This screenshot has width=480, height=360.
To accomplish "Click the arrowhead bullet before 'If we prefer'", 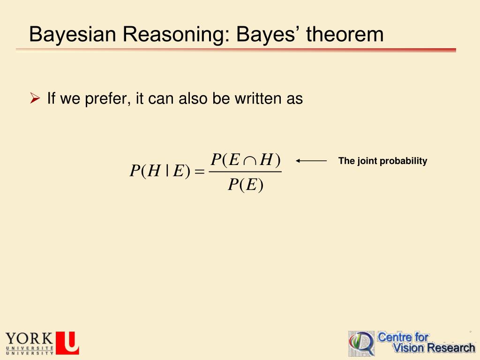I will point(34,98).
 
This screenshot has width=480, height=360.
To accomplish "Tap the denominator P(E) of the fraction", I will point(245,186).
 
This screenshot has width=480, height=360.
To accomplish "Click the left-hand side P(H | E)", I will point(159,172).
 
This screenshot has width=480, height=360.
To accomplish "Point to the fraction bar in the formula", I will point(245,172).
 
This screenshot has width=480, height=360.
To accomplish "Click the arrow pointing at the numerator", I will point(311,161).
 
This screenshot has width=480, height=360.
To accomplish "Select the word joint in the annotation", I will point(367,161).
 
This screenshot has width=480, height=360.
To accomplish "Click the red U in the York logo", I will point(67,343).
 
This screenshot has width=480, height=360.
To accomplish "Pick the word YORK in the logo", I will point(29,338).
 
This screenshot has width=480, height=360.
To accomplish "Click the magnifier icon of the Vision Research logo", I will point(361,344).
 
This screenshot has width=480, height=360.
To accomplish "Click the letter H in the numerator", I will point(266,160).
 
